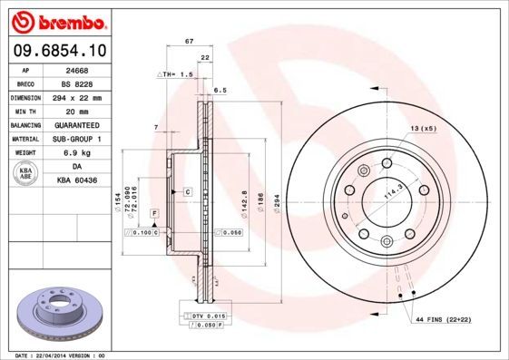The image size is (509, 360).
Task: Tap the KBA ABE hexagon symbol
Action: (x=26, y=174)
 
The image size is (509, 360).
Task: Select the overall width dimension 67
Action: (x=188, y=43)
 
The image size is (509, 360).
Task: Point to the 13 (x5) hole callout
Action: (x=424, y=129)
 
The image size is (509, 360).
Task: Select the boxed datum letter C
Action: (x=187, y=192)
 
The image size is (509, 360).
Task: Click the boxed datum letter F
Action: (x=154, y=212)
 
